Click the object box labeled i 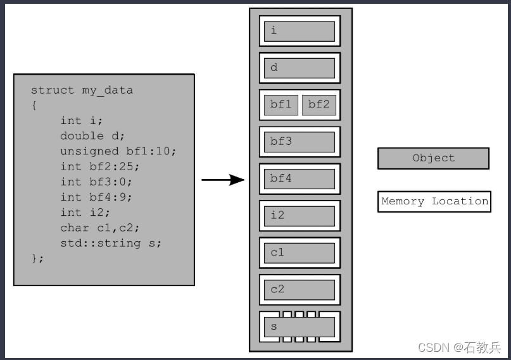point(300,31)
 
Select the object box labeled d point(300,68)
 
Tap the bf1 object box point(281,105)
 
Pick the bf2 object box point(319,105)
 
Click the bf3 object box point(300,142)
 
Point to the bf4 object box point(300,178)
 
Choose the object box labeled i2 point(300,216)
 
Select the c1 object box point(300,252)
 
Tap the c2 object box point(300,290)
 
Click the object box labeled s point(300,326)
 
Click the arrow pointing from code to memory point(223,180)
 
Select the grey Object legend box point(433,158)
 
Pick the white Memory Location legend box point(434,202)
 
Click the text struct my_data point(82,90)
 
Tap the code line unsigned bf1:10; point(118,151)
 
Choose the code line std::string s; point(111,243)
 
